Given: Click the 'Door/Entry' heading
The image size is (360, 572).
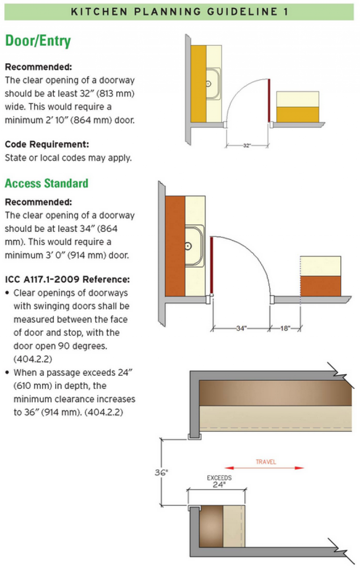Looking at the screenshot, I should click(38, 41).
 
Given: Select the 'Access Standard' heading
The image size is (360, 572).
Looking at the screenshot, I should click(46, 183).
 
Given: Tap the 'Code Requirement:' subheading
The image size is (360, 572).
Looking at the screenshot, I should click(47, 144).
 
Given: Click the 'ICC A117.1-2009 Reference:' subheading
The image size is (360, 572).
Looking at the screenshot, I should click(67, 280).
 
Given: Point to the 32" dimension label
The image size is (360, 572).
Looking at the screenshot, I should click(247, 146).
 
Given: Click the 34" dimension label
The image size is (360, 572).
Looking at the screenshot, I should click(241, 328).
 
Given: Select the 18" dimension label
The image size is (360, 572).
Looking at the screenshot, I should click(285, 328).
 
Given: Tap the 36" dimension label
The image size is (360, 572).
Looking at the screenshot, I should click(161, 473).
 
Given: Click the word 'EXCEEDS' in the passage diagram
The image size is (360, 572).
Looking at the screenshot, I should click(219, 478).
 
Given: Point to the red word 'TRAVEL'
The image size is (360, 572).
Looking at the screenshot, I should click(266, 461).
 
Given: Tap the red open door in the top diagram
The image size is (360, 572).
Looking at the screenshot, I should click(269, 100).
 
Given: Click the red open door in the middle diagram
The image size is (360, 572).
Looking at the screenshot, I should click(212, 266).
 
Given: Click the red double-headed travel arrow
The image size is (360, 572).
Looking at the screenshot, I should click(264, 468).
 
